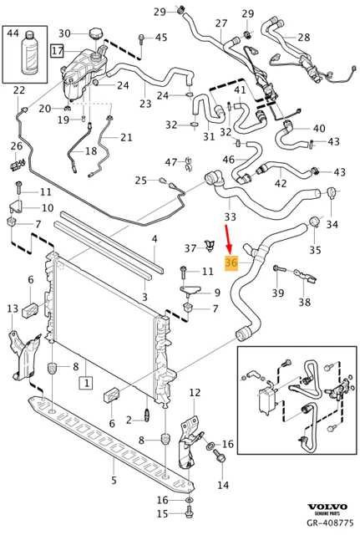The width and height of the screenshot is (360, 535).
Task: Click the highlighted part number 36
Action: (x=232, y=263)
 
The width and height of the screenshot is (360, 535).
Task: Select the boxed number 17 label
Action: (x=57, y=50)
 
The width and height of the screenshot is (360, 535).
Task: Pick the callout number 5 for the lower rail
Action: (x=114, y=480)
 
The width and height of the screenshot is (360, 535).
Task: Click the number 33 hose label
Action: (x=231, y=217)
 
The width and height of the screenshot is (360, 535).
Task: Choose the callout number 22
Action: (x=19, y=90)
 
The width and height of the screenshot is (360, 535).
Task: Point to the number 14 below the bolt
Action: (x=222, y=484)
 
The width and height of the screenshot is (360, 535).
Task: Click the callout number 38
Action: (x=304, y=303)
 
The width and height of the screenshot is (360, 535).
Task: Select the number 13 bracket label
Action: (x=12, y=309)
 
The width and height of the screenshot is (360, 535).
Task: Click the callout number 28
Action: (x=303, y=37)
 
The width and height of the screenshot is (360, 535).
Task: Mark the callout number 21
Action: (x=126, y=137)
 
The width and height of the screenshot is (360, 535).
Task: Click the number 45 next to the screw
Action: (x=160, y=37)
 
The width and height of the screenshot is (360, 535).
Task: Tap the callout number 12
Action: (x=195, y=392)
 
